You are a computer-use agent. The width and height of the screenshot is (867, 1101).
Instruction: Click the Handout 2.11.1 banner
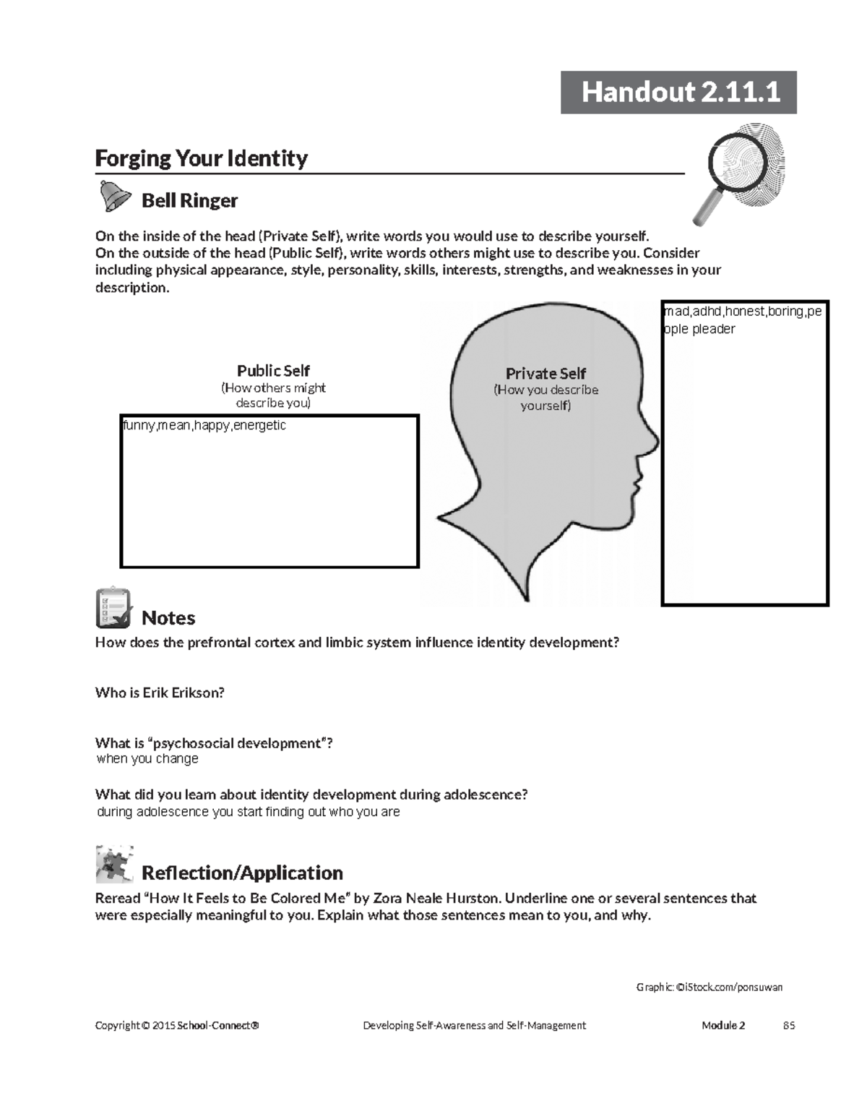point(678,93)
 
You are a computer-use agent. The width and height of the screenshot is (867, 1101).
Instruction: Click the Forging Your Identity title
point(202,158)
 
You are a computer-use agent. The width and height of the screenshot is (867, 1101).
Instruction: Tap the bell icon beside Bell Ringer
point(114,196)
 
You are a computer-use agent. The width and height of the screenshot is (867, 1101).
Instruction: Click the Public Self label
point(273,371)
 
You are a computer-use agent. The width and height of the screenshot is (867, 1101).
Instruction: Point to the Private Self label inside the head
point(545,374)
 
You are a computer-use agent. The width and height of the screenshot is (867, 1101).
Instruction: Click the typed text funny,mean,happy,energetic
point(204,425)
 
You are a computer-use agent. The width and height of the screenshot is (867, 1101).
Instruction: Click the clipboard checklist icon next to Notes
point(113,608)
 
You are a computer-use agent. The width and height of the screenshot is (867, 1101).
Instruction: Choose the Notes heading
point(168,618)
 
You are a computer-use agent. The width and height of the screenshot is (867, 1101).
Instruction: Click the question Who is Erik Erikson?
point(160,693)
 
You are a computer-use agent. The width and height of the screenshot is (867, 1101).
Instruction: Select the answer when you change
point(147,758)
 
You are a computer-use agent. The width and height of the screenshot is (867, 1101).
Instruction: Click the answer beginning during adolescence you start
point(248,812)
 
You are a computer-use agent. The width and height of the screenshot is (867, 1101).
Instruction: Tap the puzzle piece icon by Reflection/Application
point(114,864)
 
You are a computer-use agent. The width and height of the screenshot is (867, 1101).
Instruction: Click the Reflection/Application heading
point(242,873)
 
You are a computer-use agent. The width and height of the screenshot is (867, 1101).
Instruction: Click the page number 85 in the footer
point(789,1025)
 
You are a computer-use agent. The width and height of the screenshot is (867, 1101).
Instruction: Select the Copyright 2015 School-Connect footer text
point(177,1025)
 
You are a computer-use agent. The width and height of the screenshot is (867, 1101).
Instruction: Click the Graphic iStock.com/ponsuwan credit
point(709,988)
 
